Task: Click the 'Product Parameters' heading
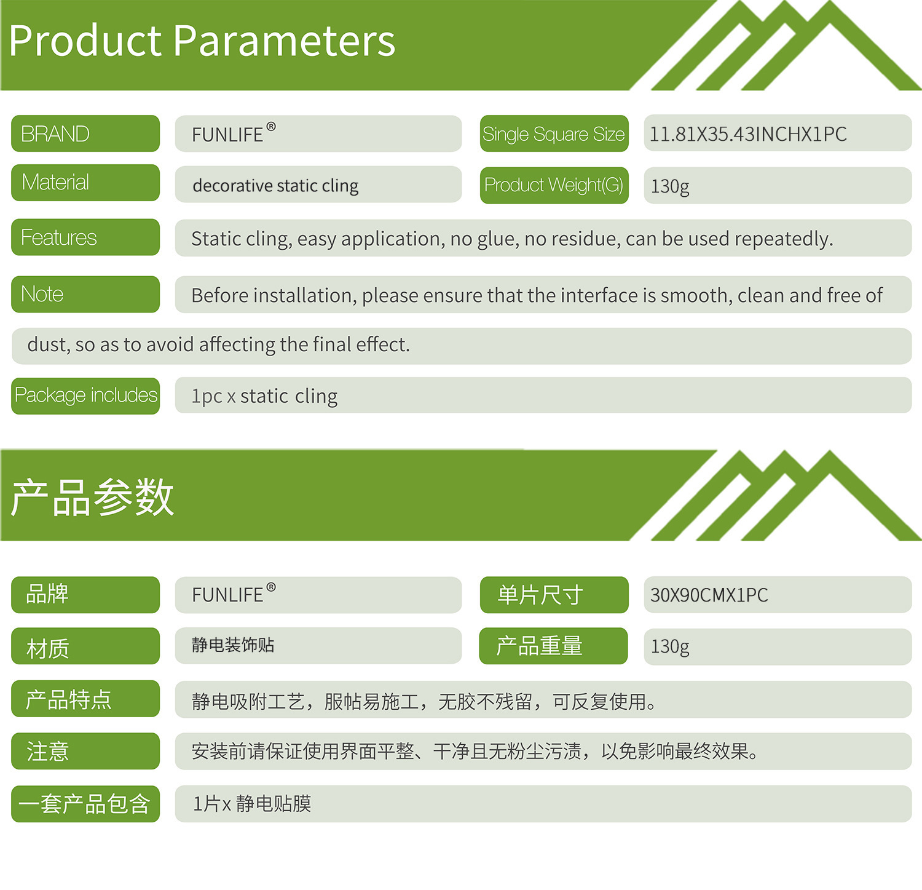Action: pos(202,42)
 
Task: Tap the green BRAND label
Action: pos(85,133)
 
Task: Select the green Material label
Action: pos(85,183)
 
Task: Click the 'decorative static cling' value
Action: pos(275,186)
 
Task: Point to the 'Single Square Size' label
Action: pos(554,133)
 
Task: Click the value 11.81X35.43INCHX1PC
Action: pos(748,134)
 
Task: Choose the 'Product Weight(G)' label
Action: pos(554,185)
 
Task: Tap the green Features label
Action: pos(85,237)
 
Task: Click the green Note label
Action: pos(85,294)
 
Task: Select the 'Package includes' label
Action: pos(85,395)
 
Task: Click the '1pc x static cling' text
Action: pos(264,396)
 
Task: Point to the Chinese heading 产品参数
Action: pos(92,497)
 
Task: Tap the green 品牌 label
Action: pos(85,595)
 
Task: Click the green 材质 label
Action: pos(85,646)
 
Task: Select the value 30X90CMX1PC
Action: pos(709,595)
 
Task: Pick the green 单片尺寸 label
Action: pos(554,595)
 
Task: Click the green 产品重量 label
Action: pos(553,646)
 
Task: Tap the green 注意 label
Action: pos(85,751)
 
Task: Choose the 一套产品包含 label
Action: pos(85,804)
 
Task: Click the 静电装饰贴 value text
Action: pos(233,645)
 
